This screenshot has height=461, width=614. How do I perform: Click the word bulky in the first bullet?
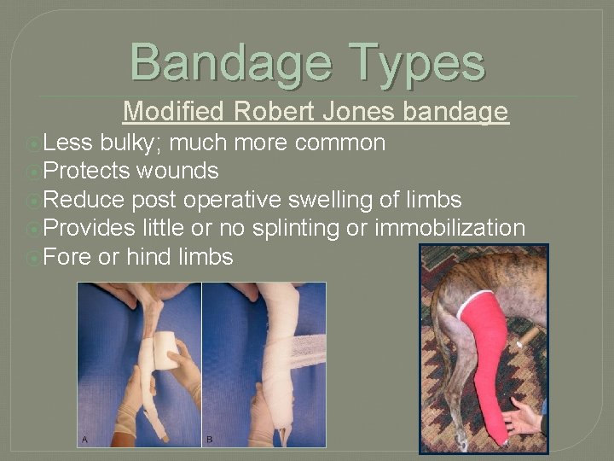[124, 142]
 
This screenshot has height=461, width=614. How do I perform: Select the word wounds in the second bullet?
[179, 171]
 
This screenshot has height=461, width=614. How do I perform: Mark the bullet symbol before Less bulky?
[32, 143]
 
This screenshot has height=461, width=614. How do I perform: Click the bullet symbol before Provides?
[32, 229]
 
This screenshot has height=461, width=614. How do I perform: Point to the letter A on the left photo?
[84, 439]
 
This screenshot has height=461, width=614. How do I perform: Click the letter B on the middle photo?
[210, 439]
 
